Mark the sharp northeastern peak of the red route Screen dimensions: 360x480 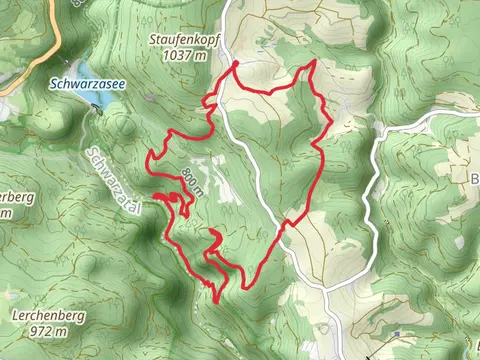coord(313,62)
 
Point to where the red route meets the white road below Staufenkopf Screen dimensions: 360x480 coord(236,63)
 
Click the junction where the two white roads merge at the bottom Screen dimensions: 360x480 coord(327,288)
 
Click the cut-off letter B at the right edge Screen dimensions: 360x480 coord(474,179)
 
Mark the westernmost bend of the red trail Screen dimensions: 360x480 coord(149,156)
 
